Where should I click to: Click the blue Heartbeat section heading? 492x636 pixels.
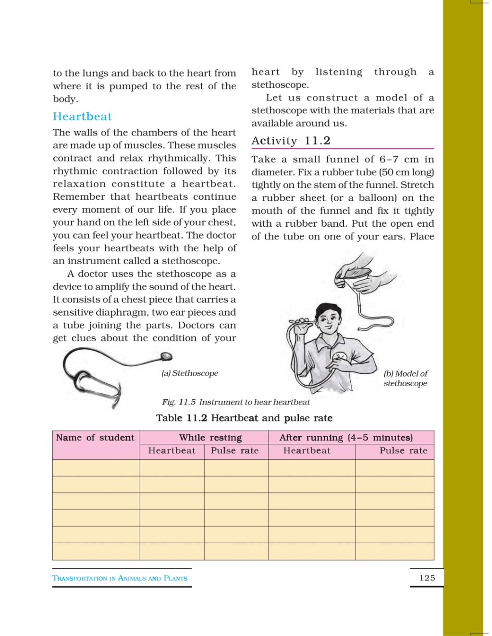click(x=82, y=117)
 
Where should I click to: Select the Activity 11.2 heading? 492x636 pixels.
click(x=291, y=141)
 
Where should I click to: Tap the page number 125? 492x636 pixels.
click(x=427, y=578)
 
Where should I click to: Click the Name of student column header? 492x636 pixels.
click(x=95, y=438)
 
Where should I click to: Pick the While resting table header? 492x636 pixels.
click(x=210, y=438)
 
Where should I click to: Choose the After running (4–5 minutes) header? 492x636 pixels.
click(x=346, y=438)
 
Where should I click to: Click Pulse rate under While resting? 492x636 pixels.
click(x=234, y=451)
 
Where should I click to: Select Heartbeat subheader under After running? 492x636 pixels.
click(x=307, y=451)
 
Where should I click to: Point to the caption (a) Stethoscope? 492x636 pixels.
click(x=190, y=373)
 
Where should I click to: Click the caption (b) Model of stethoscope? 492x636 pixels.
click(x=406, y=379)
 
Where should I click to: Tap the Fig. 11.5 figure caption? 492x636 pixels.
click(x=236, y=402)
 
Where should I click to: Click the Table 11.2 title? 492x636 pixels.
click(x=244, y=418)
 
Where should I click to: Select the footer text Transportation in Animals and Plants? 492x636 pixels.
click(x=120, y=578)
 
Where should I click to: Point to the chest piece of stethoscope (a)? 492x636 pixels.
click(x=166, y=356)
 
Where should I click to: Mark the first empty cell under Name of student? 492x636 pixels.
click(x=96, y=468)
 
